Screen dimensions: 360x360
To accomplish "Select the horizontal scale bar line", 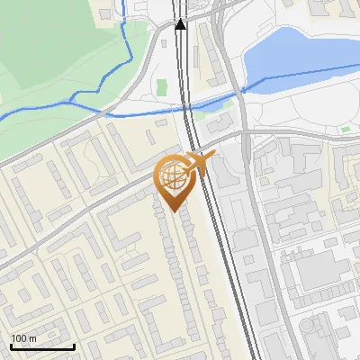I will pyautogui.click(x=42, y=346).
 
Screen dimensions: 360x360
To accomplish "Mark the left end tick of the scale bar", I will pyautogui.click(x=11, y=345).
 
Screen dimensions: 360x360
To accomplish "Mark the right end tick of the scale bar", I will pyautogui.click(x=74, y=345).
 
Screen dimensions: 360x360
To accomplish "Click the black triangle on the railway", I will pyautogui.click(x=181, y=23).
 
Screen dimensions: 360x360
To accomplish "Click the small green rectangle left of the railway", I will pyautogui.click(x=162, y=87).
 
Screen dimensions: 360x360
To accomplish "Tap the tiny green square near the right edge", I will pyautogui.click(x=345, y=130).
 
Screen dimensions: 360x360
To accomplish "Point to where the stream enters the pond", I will pyautogui.click(x=244, y=90).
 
